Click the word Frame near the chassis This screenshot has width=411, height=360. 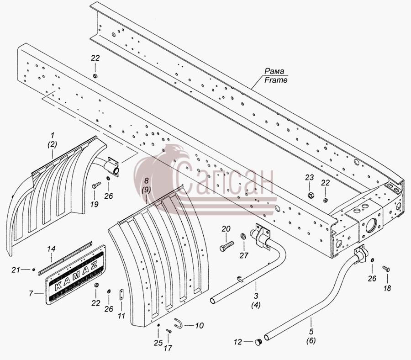point(276,80)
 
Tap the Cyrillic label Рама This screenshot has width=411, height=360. point(274,71)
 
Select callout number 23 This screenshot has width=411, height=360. point(309,178)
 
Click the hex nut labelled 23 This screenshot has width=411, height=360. point(310,195)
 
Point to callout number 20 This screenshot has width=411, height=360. point(226,229)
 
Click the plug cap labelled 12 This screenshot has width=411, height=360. point(258,342)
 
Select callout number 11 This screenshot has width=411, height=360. point(121,316)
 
